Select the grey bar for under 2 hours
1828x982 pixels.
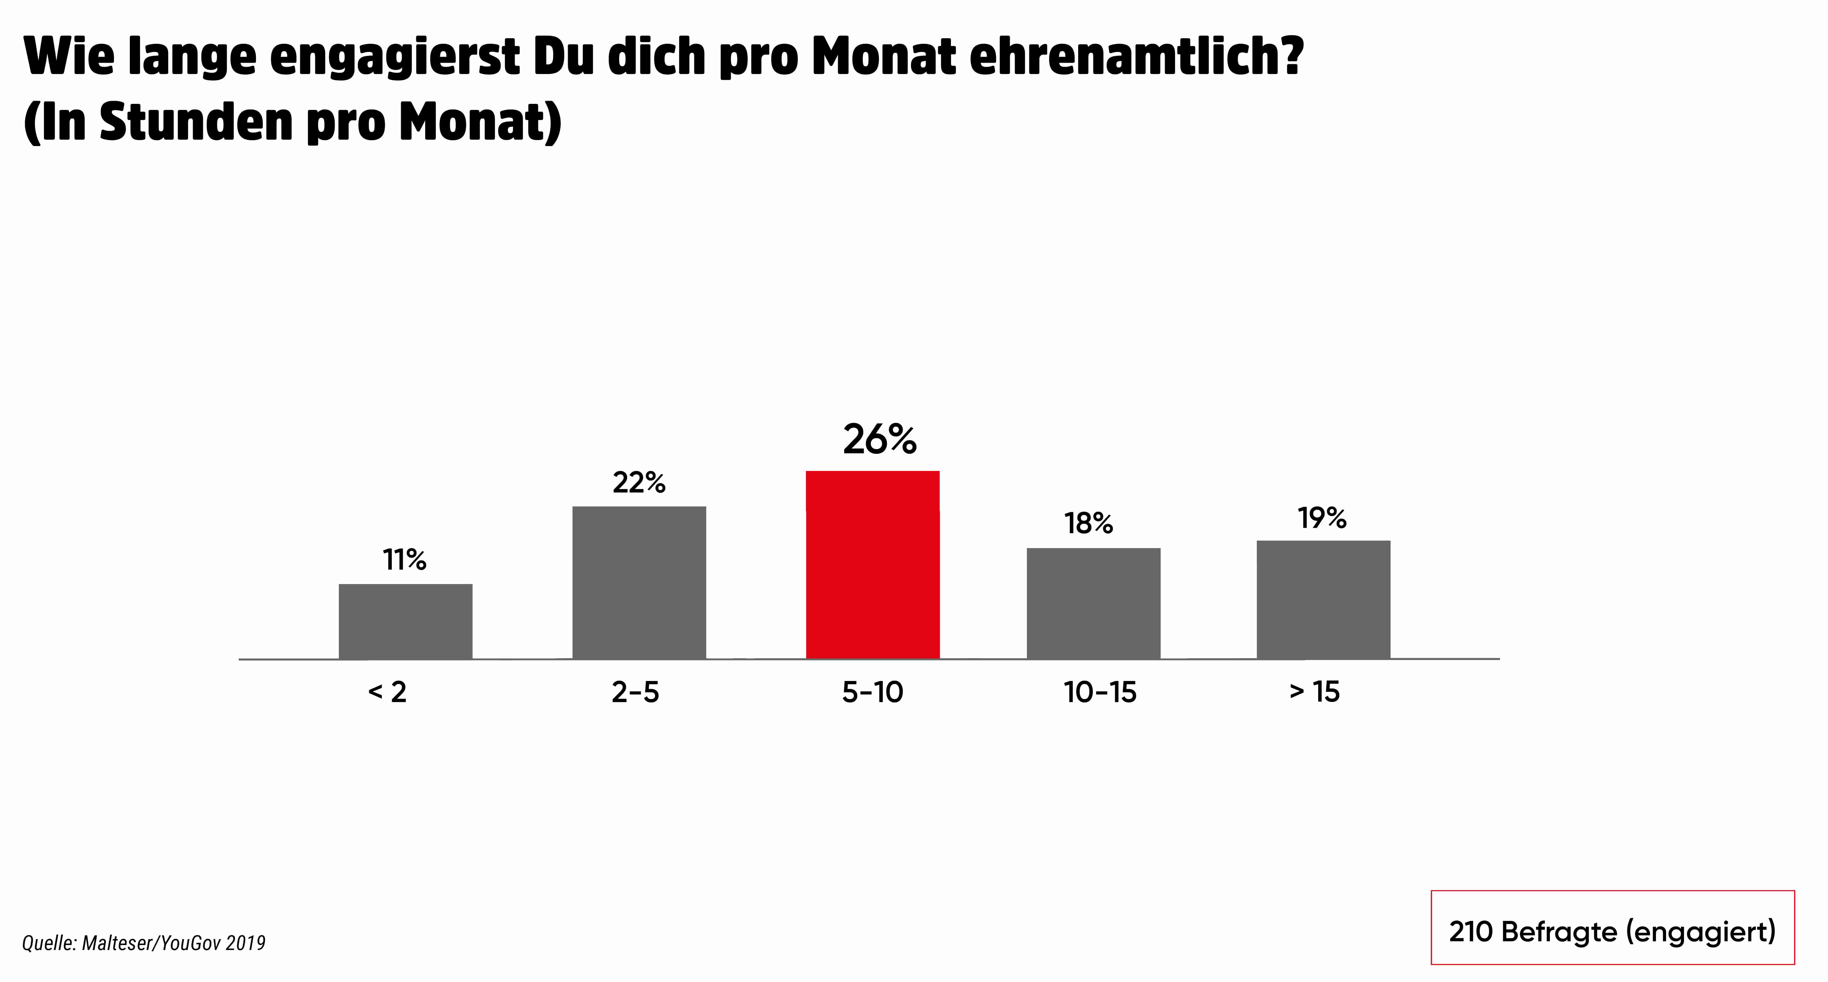(405, 621)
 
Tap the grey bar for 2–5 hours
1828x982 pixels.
(639, 583)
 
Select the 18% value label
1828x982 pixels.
(1089, 524)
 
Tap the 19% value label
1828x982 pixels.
(1321, 519)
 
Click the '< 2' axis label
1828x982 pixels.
(387, 692)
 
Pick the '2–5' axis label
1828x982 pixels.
(635, 692)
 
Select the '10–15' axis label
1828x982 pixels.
(1100, 692)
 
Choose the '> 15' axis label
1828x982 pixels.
(1314, 692)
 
